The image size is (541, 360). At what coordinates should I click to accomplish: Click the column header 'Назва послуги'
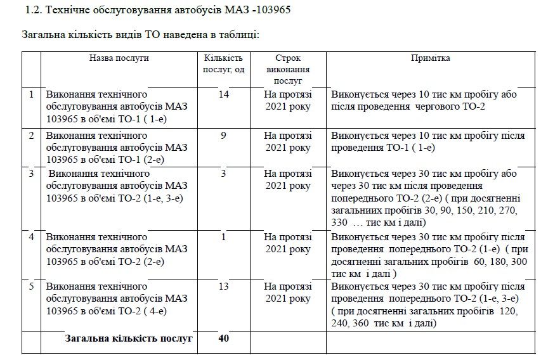[119, 58]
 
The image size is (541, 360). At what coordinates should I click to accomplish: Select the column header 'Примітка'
[431, 58]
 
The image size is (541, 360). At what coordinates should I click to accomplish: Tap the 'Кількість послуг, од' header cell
[223, 63]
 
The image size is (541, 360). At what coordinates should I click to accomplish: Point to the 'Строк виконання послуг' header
[287, 69]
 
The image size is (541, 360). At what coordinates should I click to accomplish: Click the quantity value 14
[223, 94]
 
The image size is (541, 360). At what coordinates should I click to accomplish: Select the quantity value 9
[223, 135]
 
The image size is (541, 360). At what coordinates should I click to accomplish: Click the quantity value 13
[223, 286]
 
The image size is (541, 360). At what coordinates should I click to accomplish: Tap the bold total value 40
[223, 338]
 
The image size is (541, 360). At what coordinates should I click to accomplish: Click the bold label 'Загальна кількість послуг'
[129, 338]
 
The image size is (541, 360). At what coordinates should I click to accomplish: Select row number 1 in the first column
[32, 94]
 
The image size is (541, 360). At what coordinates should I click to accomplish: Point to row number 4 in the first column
[32, 236]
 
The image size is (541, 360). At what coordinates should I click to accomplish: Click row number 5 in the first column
[32, 286]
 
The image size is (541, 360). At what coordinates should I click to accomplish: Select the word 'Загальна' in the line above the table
[43, 35]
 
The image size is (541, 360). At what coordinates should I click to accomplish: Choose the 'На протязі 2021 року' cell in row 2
[287, 141]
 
